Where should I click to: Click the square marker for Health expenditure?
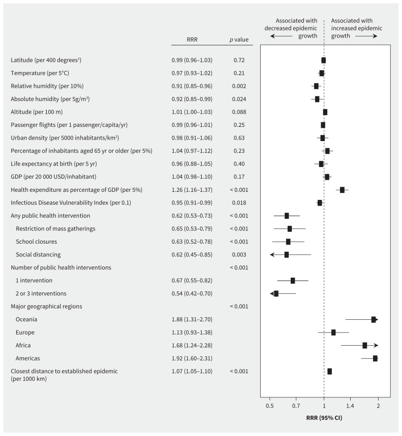(342, 190)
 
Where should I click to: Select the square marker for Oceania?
(374, 319)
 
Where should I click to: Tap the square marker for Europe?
(333, 332)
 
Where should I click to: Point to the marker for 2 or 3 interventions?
(276, 293)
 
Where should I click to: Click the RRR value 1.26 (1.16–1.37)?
(192, 190)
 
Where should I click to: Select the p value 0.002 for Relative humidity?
(239, 86)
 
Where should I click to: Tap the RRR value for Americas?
(192, 358)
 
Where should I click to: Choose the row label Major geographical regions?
(46, 307)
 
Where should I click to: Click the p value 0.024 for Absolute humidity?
(239, 99)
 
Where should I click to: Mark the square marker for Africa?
(365, 345)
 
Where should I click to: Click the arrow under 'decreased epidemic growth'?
(281, 37)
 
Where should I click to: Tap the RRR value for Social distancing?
(192, 255)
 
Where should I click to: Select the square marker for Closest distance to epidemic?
(330, 372)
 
